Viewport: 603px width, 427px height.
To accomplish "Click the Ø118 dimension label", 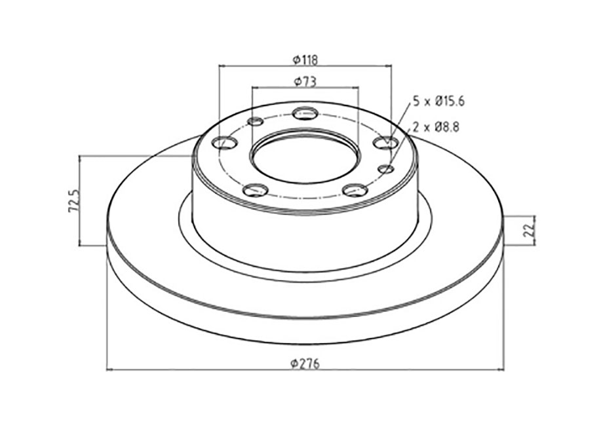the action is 305,60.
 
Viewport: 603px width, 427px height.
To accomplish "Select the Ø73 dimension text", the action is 305,81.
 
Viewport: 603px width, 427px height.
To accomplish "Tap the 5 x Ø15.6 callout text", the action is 438,102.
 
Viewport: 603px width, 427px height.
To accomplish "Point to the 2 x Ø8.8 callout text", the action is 436,127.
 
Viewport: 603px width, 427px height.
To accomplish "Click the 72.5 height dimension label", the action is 73,200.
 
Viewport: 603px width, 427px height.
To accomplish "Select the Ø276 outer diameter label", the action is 305,363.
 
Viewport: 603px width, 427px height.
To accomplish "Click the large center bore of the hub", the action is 305,158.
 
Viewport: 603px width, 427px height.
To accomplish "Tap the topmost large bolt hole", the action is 305,113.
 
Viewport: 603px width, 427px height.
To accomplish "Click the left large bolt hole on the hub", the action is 225,143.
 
